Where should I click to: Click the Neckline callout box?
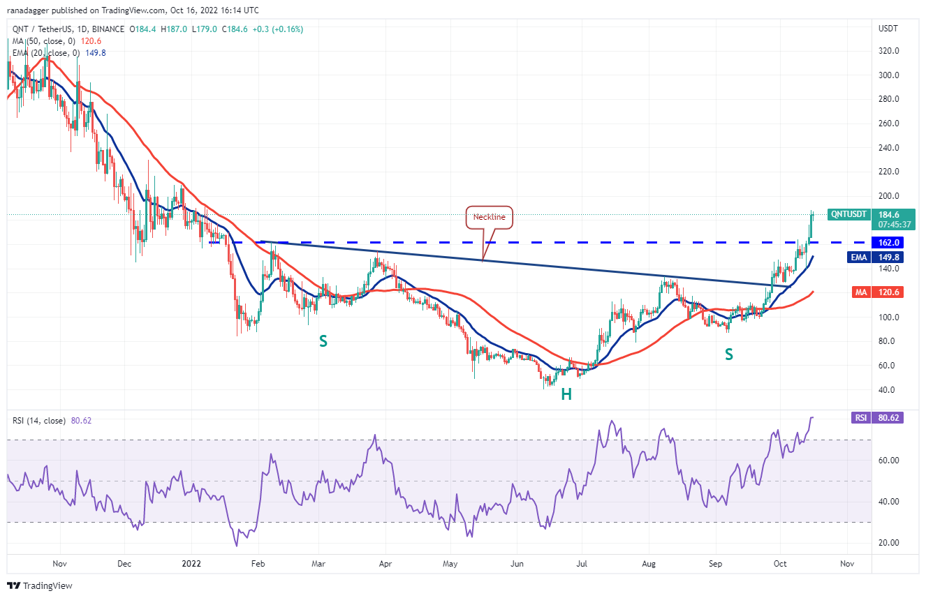click(x=490, y=218)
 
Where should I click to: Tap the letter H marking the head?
click(x=566, y=394)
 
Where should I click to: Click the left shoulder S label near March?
click(x=323, y=341)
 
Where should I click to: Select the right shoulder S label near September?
click(x=728, y=354)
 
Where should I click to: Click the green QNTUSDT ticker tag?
click(x=848, y=214)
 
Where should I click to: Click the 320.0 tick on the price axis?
click(x=888, y=51)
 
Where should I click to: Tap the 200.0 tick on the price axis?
click(x=888, y=196)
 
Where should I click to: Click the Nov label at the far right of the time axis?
click(x=846, y=562)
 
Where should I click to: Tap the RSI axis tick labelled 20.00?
click(x=888, y=542)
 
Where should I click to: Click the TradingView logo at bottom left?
click(x=41, y=585)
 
